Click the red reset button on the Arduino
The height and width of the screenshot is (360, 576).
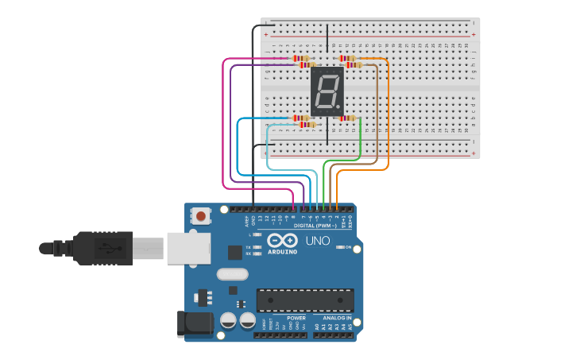coord(202,215)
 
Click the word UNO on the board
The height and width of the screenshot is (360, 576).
coord(318,241)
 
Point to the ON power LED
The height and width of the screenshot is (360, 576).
coord(340,248)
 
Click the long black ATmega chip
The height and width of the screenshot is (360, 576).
coord(304,300)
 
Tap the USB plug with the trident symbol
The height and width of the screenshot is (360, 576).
coord(103,248)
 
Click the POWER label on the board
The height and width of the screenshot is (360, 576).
coord(296,318)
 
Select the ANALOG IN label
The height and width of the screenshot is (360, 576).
coord(337,318)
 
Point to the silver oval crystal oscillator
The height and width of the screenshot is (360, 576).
coord(232,275)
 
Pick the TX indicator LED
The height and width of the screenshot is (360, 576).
coord(257,247)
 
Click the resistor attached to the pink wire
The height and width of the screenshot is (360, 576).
coord(300,58)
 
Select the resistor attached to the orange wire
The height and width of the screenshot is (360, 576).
coord(346,58)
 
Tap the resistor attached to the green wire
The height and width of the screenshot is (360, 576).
coord(347,118)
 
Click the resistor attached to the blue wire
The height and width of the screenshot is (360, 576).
coord(300,118)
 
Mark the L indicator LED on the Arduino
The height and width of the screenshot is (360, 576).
coord(257,235)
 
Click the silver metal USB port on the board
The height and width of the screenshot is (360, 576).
coord(188,248)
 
